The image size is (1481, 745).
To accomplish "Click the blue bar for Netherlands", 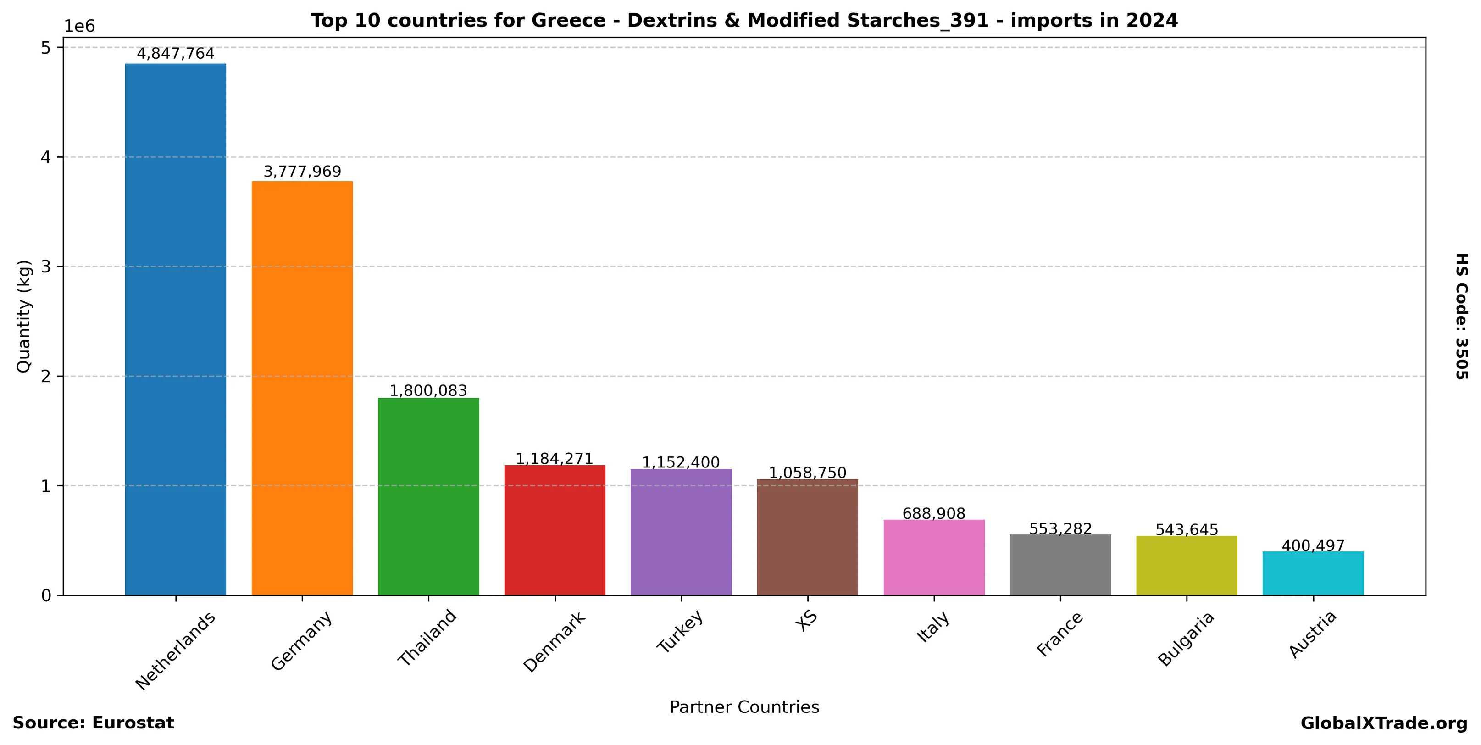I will pyautogui.click(x=175, y=329).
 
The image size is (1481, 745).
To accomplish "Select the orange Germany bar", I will pyautogui.click(x=302, y=388).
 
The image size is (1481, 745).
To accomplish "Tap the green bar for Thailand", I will pyautogui.click(x=428, y=496).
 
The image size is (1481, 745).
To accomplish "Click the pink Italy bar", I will pyautogui.click(x=934, y=557).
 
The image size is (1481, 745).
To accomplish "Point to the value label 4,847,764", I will pyautogui.click(x=175, y=54).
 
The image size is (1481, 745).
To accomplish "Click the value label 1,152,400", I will pyautogui.click(x=681, y=462).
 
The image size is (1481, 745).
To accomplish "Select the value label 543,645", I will pyautogui.click(x=1187, y=529).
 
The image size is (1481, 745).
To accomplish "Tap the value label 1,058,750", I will pyautogui.click(x=807, y=473).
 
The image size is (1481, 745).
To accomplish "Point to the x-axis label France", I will pyautogui.click(x=1059, y=634).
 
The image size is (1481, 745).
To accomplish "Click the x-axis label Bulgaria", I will pyautogui.click(x=1186, y=639).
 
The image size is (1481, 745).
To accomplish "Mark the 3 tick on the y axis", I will pyautogui.click(x=46, y=267).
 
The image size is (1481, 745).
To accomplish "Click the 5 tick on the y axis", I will pyautogui.click(x=46, y=48).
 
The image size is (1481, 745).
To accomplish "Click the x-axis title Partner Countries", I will pyautogui.click(x=744, y=707).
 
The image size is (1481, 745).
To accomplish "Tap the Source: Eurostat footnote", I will pyautogui.click(x=93, y=723).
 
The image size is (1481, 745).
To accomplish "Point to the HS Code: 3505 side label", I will pyautogui.click(x=1461, y=316).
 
